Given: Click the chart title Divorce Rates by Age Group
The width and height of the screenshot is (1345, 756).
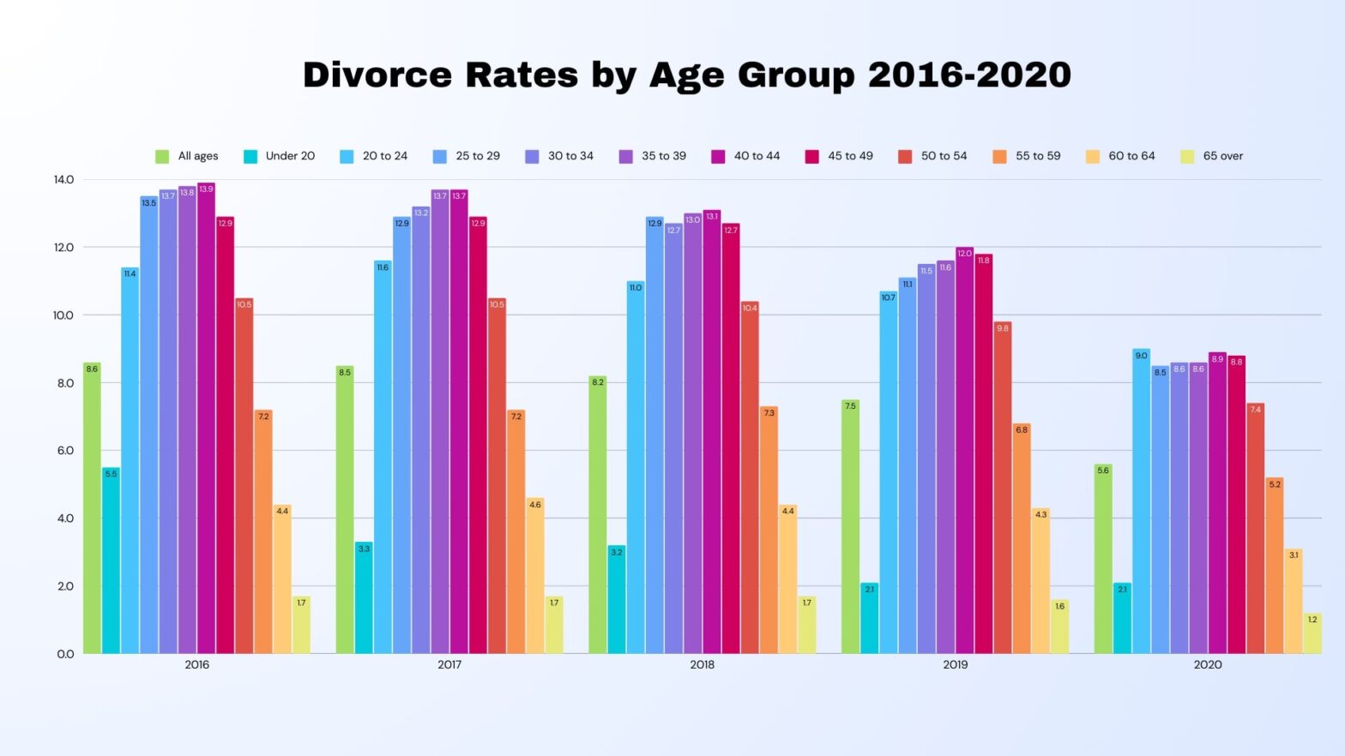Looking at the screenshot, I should pyautogui.click(x=686, y=75).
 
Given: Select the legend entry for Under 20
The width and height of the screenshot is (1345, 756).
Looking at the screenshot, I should pyautogui.click(x=280, y=156).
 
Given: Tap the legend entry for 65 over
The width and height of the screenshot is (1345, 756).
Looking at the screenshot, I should pyautogui.click(x=1212, y=156).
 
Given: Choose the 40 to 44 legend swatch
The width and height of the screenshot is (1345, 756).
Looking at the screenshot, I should pyautogui.click(x=719, y=156).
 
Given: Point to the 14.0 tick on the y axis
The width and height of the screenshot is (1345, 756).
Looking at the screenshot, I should pyautogui.click(x=63, y=180).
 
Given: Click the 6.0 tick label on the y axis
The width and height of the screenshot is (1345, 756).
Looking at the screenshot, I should pyautogui.click(x=63, y=451).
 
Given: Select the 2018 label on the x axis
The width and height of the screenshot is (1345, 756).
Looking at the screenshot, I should pyautogui.click(x=702, y=664).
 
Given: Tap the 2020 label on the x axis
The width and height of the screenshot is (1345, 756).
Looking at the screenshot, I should pyautogui.click(x=1207, y=664).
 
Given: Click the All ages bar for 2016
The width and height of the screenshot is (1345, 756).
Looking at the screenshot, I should pyautogui.click(x=92, y=514).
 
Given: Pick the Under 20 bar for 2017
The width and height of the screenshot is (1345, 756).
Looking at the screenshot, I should pyautogui.click(x=364, y=600).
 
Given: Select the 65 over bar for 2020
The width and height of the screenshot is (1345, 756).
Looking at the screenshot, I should pyautogui.click(x=1312, y=634).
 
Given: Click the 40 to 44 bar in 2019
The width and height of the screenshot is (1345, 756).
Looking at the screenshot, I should pyautogui.click(x=964, y=454).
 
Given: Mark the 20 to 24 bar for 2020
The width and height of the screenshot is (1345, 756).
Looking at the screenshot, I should pyautogui.click(x=1141, y=506).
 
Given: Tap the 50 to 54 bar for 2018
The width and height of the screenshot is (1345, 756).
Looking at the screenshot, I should pyautogui.click(x=750, y=480).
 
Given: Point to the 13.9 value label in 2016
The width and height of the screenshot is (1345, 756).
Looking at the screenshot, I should pyautogui.click(x=206, y=189).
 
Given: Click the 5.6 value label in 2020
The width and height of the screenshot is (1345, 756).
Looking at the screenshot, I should pyautogui.click(x=1103, y=471).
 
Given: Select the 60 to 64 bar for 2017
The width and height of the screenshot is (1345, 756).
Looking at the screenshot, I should pyautogui.click(x=535, y=579).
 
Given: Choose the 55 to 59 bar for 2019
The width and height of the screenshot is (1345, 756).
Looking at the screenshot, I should pyautogui.click(x=1022, y=540).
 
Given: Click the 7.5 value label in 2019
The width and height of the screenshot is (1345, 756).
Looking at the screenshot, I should pyautogui.click(x=850, y=406).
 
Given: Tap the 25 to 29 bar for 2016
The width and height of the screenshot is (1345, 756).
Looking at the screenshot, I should pyautogui.click(x=149, y=429).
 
